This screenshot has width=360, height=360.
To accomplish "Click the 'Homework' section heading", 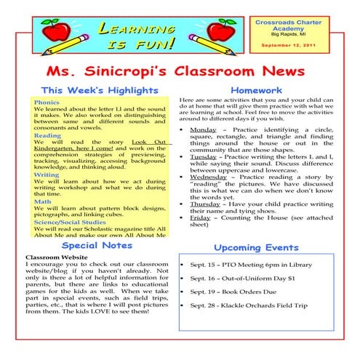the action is (x=266, y=90).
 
